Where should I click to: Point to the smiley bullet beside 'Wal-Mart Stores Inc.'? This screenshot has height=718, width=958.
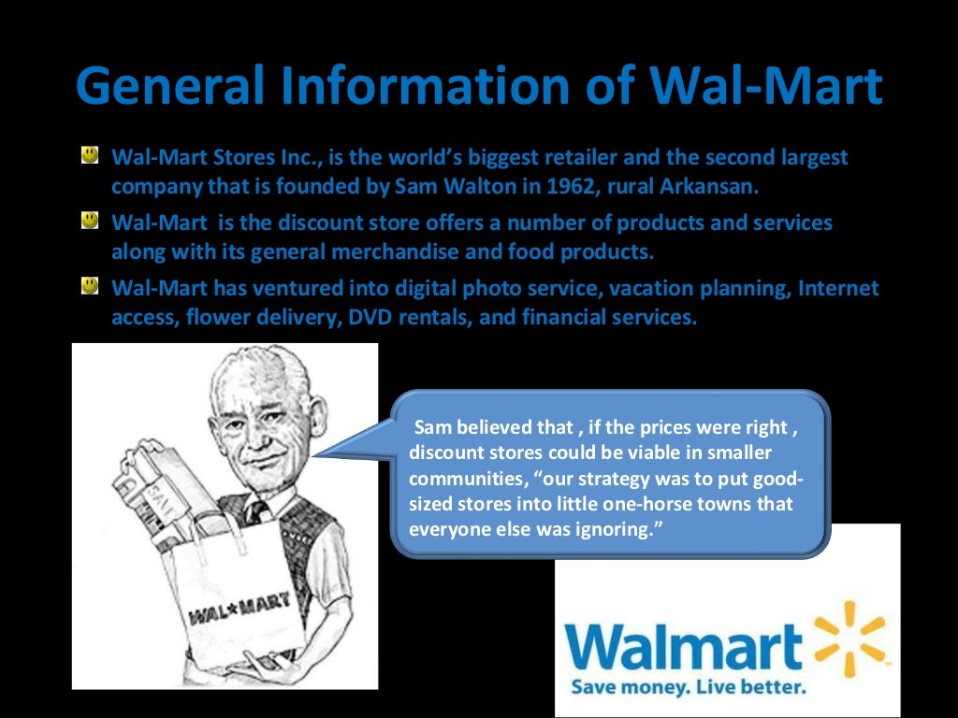click(x=90, y=155)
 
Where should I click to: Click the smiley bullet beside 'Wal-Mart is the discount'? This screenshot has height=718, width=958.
click(x=90, y=222)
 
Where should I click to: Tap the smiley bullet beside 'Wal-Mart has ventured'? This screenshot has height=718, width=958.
click(x=90, y=286)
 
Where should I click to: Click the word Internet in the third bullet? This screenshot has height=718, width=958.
click(x=838, y=289)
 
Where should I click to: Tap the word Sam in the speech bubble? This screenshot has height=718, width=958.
click(x=432, y=428)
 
